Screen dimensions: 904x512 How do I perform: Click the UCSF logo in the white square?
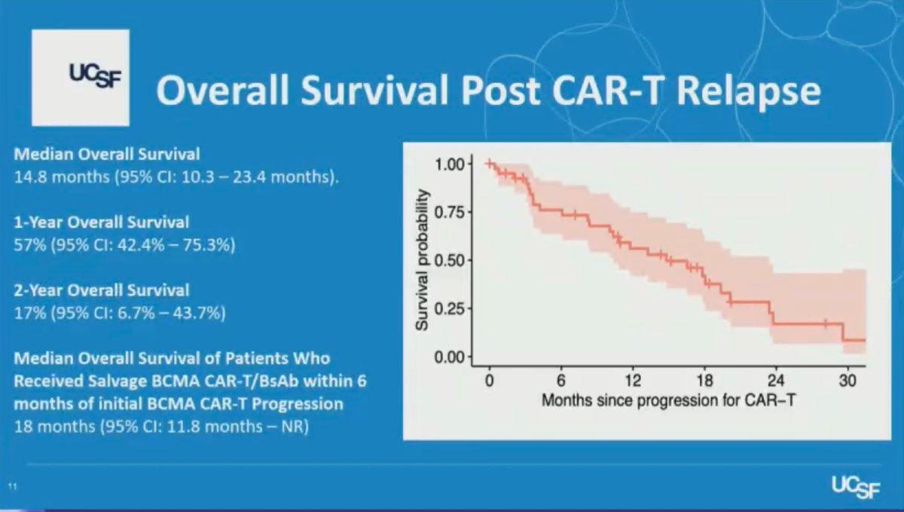pos(95,76)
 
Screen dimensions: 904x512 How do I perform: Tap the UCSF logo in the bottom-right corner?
pos(856,487)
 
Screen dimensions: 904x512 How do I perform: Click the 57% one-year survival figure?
pos(30,244)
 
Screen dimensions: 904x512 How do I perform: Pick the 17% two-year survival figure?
pos(30,312)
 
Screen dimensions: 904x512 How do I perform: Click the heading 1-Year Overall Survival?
pos(101,222)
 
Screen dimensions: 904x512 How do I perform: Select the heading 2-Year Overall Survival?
pos(101,290)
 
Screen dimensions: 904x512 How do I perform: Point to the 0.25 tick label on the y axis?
pos(449,308)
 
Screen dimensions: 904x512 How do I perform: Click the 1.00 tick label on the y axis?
pos(449,164)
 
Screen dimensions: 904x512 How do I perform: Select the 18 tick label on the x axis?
pos(704,380)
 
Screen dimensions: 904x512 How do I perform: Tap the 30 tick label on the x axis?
pos(847,380)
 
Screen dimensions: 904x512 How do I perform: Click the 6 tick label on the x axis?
pos(561,380)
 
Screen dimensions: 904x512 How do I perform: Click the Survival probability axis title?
pos(422,260)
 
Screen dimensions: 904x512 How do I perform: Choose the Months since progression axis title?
pos(668,400)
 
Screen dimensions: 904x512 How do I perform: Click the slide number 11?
pos(13,486)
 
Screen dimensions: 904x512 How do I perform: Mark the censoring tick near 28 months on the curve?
pos(826,323)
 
